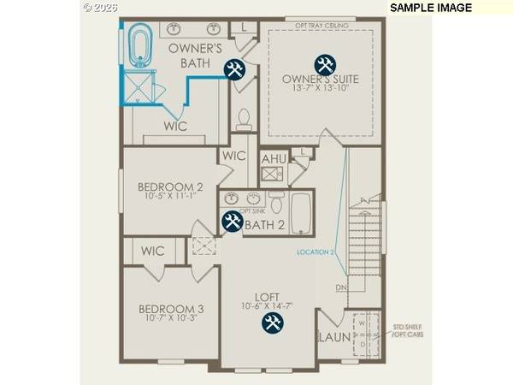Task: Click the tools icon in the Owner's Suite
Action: (x=324, y=64)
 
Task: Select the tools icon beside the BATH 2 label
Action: (x=232, y=222)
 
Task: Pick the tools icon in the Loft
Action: (x=273, y=323)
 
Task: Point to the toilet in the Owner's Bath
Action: (x=243, y=116)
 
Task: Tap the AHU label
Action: (x=274, y=158)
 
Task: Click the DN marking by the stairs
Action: (x=339, y=287)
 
